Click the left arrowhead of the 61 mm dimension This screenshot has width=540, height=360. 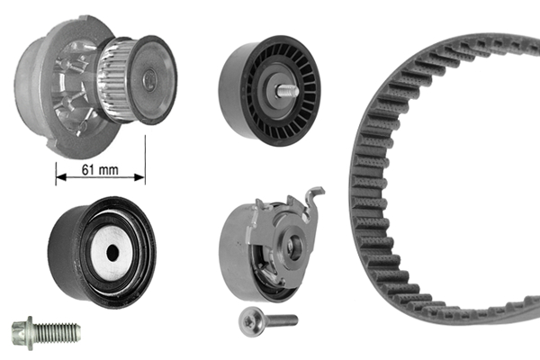tap(60, 175)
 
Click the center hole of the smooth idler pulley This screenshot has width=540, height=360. tap(112, 253)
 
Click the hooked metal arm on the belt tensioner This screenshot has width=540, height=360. tap(311, 202)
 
